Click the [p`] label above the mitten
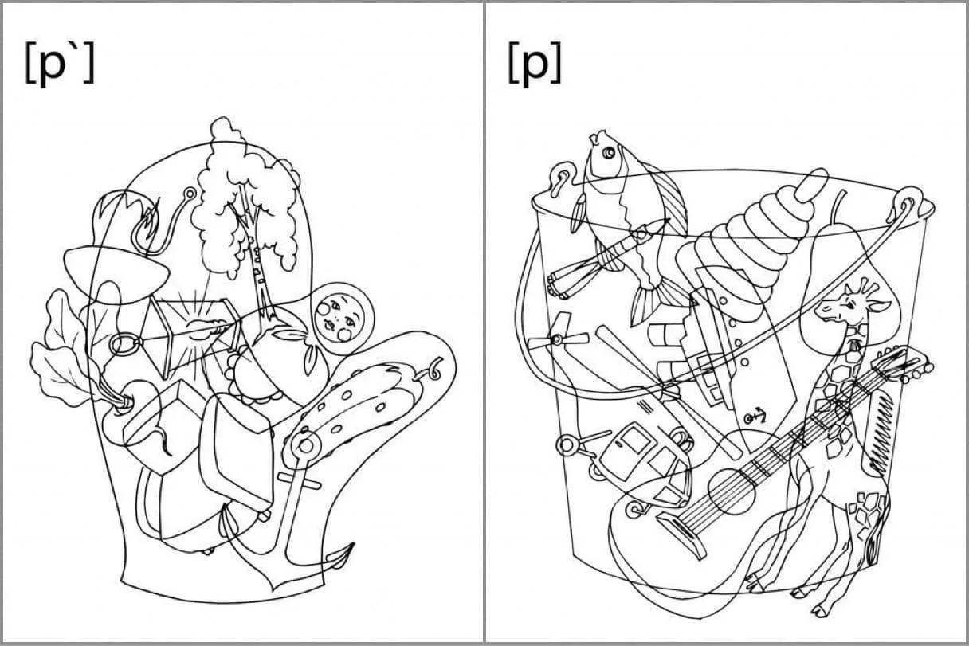(x=59, y=63)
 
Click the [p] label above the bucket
(x=534, y=63)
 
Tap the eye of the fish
(x=609, y=152)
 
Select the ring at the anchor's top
(x=306, y=446)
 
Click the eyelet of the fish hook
(x=190, y=193)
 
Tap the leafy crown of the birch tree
(x=245, y=199)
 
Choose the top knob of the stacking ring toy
(x=810, y=186)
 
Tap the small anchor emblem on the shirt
(x=755, y=417)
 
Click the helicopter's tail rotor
(x=558, y=339)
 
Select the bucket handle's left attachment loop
(x=563, y=178)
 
